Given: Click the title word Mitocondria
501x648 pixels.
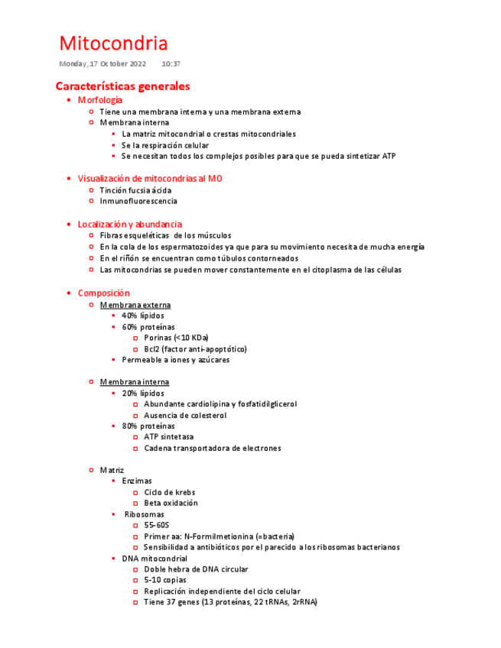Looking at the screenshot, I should pyautogui.click(x=113, y=43).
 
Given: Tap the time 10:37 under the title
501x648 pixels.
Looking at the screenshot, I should pyautogui.click(x=171, y=63).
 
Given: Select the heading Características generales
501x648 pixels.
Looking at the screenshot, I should pyautogui.click(x=122, y=86).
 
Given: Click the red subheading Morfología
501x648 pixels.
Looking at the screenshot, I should pyautogui.click(x=99, y=100).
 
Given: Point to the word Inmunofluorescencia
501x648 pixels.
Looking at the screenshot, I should pyautogui.click(x=138, y=201).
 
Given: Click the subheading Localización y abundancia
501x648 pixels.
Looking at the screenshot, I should pyautogui.click(x=129, y=224).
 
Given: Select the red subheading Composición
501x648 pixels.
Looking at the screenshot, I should pyautogui.click(x=103, y=293).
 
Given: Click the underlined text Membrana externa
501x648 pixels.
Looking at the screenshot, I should pyautogui.click(x=135, y=305).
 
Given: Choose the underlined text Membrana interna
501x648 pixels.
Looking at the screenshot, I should pyautogui.click(x=134, y=381).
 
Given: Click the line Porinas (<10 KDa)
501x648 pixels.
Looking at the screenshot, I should pyautogui.click(x=176, y=338).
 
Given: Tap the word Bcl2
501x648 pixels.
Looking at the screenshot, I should pyautogui.click(x=151, y=349).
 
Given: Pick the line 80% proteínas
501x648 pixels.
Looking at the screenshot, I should pyautogui.click(x=148, y=426).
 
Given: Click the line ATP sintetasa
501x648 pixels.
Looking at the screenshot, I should pyautogui.click(x=168, y=437).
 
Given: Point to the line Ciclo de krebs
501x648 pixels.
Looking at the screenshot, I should pyautogui.click(x=169, y=492).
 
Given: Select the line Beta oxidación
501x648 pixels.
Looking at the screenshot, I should pyautogui.click(x=171, y=503).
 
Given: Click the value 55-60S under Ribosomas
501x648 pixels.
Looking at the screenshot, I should pyautogui.click(x=156, y=526).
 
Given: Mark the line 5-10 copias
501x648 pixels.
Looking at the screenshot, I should pyautogui.click(x=164, y=580).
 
